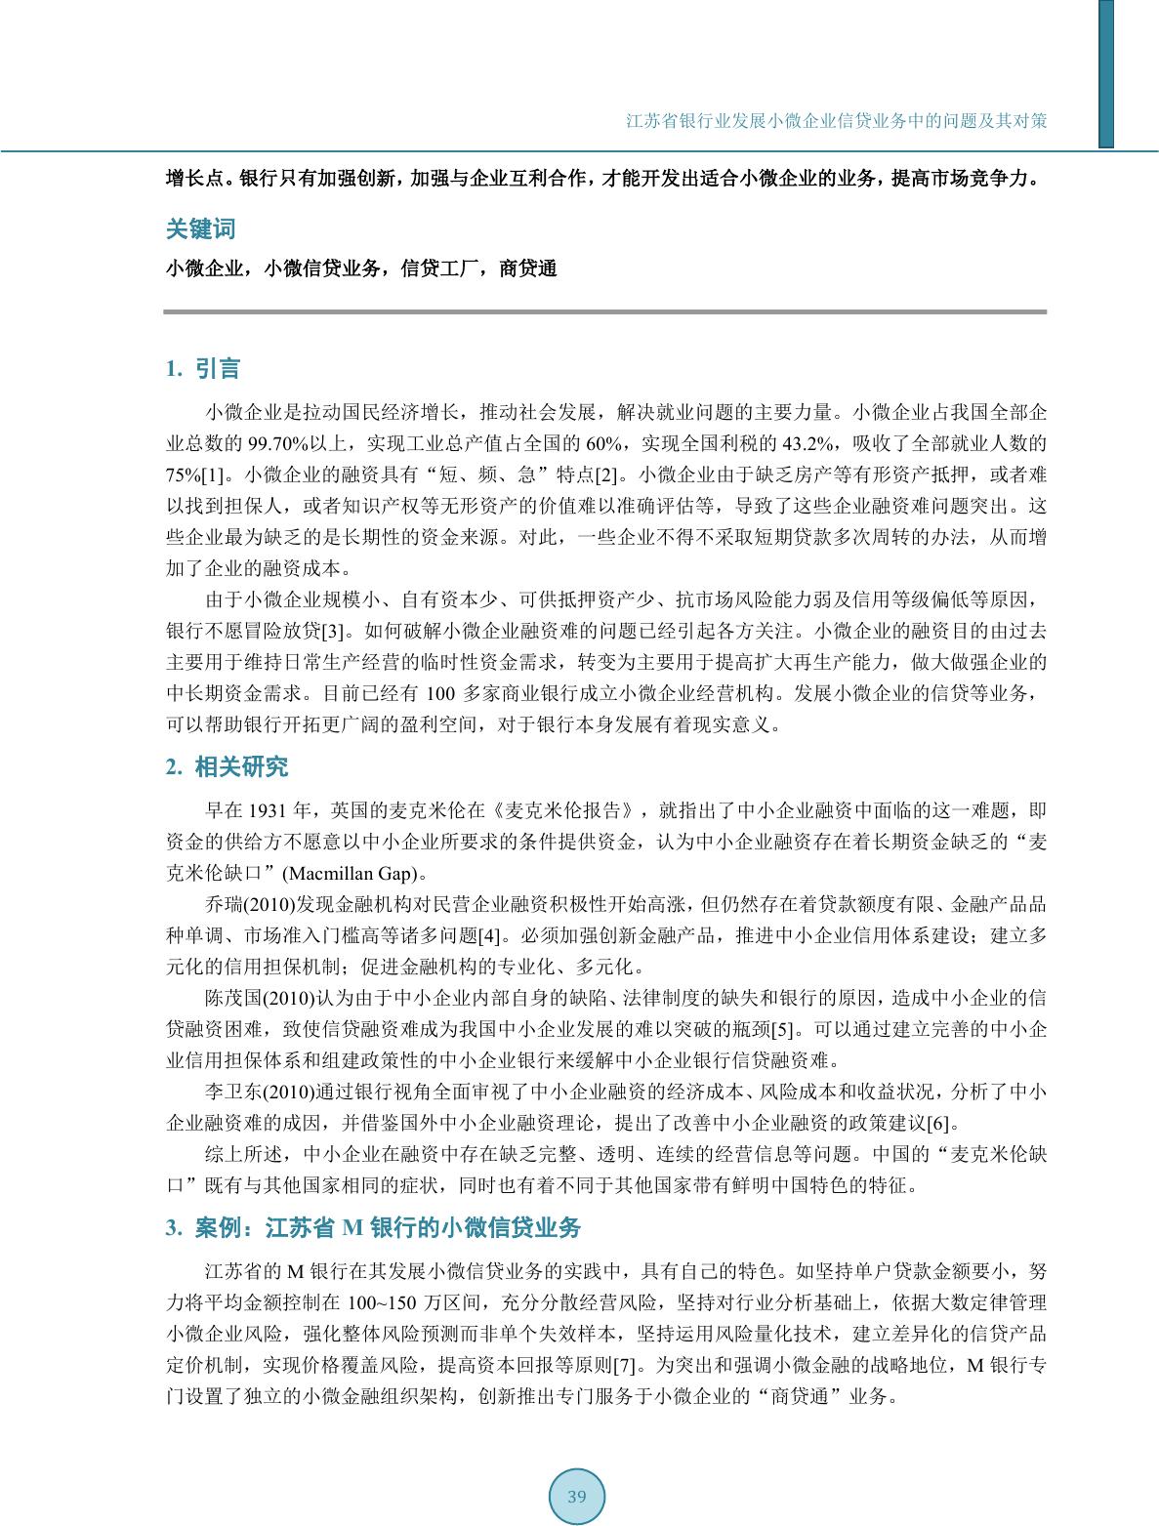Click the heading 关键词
tap(200, 229)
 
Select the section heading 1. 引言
tap(203, 369)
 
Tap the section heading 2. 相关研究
tap(227, 766)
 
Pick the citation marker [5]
tap(786, 1029)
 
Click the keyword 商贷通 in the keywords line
tap(527, 269)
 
